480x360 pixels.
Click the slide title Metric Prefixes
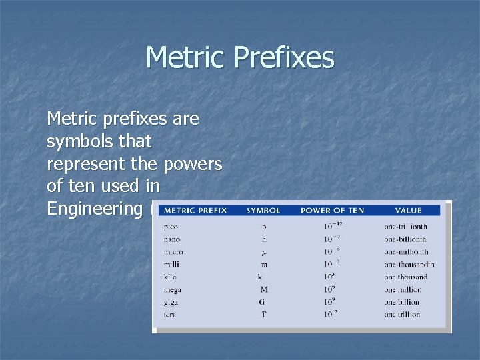pos(239,57)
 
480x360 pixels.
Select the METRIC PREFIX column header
pos(195,211)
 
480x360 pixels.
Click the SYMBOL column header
pos(263,211)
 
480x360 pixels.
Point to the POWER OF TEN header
pos(332,211)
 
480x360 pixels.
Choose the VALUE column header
pos(408,211)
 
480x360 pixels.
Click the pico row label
pos(171,227)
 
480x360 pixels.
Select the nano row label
pos(172,239)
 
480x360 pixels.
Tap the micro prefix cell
pos(173,252)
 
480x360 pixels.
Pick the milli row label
pos(171,265)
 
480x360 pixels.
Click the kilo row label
pos(170,277)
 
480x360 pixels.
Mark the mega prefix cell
pos(173,289)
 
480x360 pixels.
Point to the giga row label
pos(171,302)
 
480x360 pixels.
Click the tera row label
pos(170,314)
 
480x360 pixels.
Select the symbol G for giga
pos(262,302)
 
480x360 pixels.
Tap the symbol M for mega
pos(264,289)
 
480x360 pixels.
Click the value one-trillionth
pos(405,227)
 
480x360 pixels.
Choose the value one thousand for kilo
pos(405,277)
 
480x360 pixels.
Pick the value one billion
pos(402,302)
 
